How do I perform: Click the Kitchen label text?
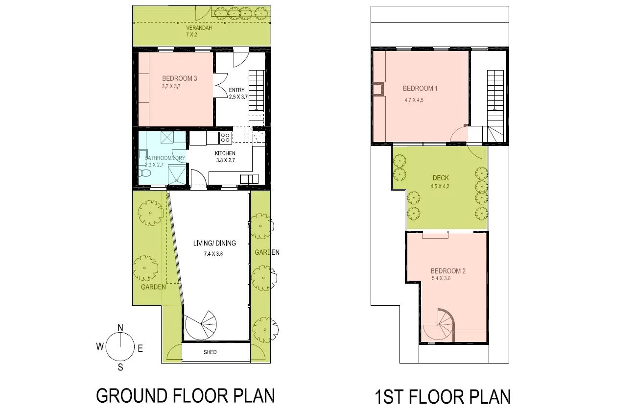coord(225,153)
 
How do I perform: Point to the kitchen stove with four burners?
coord(225,138)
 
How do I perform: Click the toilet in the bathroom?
coord(144,173)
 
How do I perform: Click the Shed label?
coord(210,352)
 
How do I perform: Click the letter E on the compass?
coord(140,349)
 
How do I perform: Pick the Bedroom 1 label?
coord(420,89)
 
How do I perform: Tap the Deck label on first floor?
coord(441,178)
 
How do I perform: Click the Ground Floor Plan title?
coord(185,395)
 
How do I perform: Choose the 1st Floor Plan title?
coord(442,396)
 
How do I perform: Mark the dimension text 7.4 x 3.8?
coord(213,254)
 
